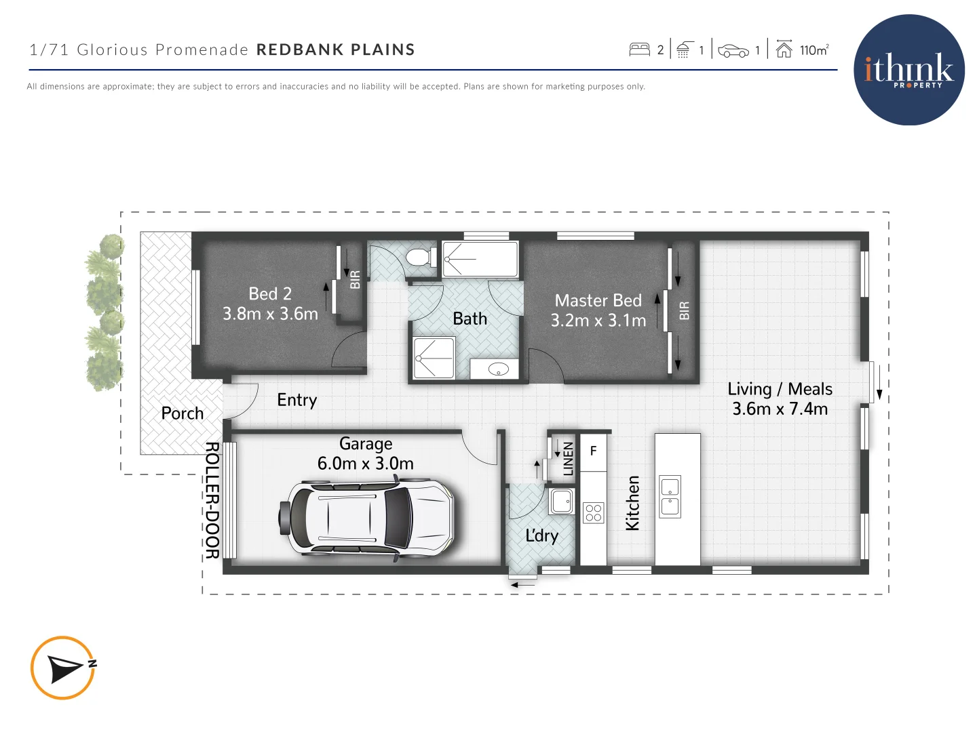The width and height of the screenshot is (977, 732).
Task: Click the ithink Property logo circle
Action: pos(908,70)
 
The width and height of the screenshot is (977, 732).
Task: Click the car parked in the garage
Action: pos(366,518)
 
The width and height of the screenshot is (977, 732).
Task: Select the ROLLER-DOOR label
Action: pos(212,500)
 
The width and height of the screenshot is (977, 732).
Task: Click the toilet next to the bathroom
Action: pos(421,258)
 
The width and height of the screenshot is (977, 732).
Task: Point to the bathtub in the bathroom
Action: pos(480,259)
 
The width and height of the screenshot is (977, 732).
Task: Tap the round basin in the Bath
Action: pos(499,369)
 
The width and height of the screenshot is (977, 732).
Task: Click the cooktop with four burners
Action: pos(593,512)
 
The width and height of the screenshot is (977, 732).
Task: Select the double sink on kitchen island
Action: pos(670,496)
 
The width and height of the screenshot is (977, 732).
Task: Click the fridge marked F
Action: pos(593,451)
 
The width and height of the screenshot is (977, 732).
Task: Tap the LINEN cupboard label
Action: pos(569,458)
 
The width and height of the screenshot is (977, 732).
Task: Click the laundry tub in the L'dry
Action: pos(562,502)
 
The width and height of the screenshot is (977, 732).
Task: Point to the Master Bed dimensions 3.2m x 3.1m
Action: pos(598,321)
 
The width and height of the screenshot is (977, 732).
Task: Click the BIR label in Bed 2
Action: pos(355,279)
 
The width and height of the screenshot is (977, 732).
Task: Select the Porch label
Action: pos(182,413)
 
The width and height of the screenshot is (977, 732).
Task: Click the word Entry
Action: pos(296,401)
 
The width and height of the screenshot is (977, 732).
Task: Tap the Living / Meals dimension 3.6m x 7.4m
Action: pos(780,409)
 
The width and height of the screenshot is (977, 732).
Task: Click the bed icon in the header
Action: pos(639,49)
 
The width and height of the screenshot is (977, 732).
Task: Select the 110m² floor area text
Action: pos(813,50)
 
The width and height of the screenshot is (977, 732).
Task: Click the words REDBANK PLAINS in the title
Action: pos(335,49)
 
